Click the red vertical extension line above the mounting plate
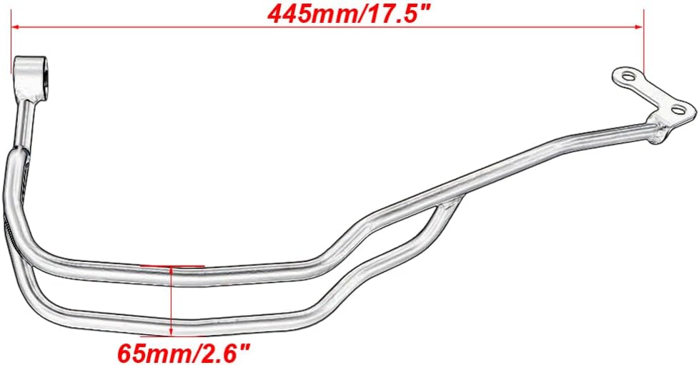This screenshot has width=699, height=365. pos(645,43)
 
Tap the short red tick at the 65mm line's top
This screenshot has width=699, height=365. pos(172,265)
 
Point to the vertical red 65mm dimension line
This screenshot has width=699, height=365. pos(172,301)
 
